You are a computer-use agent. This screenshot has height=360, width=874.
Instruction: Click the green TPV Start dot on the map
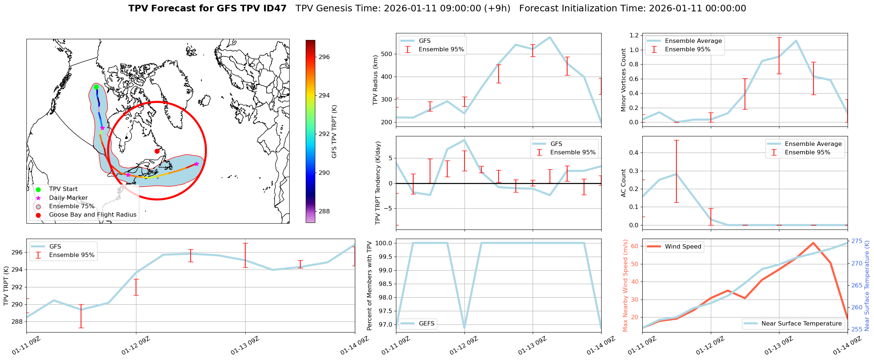pos(96,87)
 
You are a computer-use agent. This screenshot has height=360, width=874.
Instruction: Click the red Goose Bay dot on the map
pos(157,151)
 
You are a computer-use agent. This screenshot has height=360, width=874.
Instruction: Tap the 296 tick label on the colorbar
pos(324,57)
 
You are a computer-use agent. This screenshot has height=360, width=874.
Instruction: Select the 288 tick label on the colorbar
pos(324,211)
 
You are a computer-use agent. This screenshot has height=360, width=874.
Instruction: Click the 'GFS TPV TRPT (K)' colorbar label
pos(334,132)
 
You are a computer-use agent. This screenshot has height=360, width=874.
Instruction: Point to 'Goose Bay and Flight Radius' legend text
pos(92,215)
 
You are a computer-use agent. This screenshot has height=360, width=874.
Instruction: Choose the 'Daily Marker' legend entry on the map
pos(68,198)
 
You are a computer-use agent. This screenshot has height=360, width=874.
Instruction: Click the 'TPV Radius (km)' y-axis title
pos(375,80)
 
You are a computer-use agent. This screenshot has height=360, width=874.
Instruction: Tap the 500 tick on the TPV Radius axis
pos(387,54)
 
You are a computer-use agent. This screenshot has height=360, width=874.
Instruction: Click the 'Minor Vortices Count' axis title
pos(623,80)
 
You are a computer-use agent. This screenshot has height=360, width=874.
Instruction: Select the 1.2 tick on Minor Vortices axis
pos(634,35)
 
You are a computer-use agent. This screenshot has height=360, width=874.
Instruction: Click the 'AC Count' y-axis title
pos(623,183)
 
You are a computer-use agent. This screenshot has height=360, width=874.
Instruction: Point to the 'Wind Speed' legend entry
pos(683,247)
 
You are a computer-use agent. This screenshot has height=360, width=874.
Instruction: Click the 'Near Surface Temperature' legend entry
pos(801,324)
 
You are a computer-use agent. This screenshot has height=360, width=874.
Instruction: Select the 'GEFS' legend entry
pos(426,324)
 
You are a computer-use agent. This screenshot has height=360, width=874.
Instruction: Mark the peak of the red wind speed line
pos(813,243)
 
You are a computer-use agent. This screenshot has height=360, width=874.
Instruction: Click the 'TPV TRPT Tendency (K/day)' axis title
pos(378,183)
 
